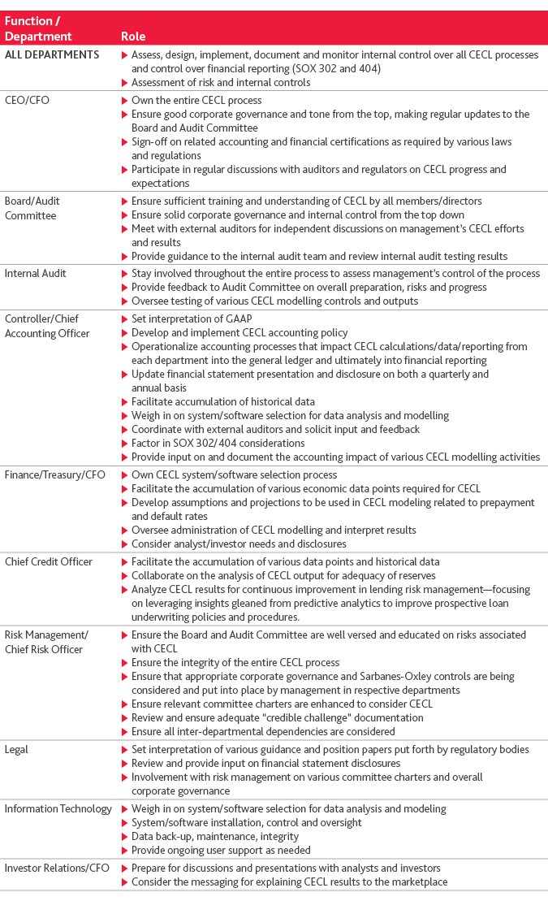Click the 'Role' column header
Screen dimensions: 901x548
pos(133,37)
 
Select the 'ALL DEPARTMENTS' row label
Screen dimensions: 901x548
pos(52,55)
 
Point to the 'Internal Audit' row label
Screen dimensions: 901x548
pos(36,274)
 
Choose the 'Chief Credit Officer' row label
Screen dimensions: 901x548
pos(49,561)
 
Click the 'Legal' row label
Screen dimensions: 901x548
pos(17,749)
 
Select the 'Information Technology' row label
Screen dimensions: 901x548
pos(58,808)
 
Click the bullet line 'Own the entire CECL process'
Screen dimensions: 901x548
pos(196,101)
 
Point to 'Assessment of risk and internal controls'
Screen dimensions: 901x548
pos(221,82)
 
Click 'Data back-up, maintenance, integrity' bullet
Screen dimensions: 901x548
pos(214,836)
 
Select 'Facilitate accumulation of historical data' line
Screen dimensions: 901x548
pos(222,401)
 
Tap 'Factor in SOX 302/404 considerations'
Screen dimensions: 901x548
pos(218,443)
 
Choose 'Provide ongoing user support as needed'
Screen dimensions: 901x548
pos(221,850)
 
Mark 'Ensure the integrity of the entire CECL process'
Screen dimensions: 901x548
pos(235,663)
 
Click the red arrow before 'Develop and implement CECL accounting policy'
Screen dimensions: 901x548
pos(124,333)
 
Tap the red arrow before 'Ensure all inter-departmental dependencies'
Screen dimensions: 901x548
pos(124,732)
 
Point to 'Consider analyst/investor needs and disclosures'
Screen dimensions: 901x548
pos(239,544)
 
